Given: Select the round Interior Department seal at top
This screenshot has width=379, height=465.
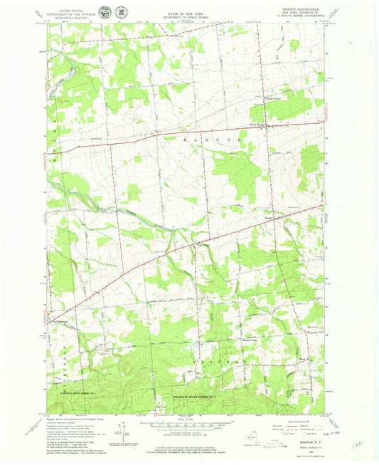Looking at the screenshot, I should [x=107, y=11].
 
